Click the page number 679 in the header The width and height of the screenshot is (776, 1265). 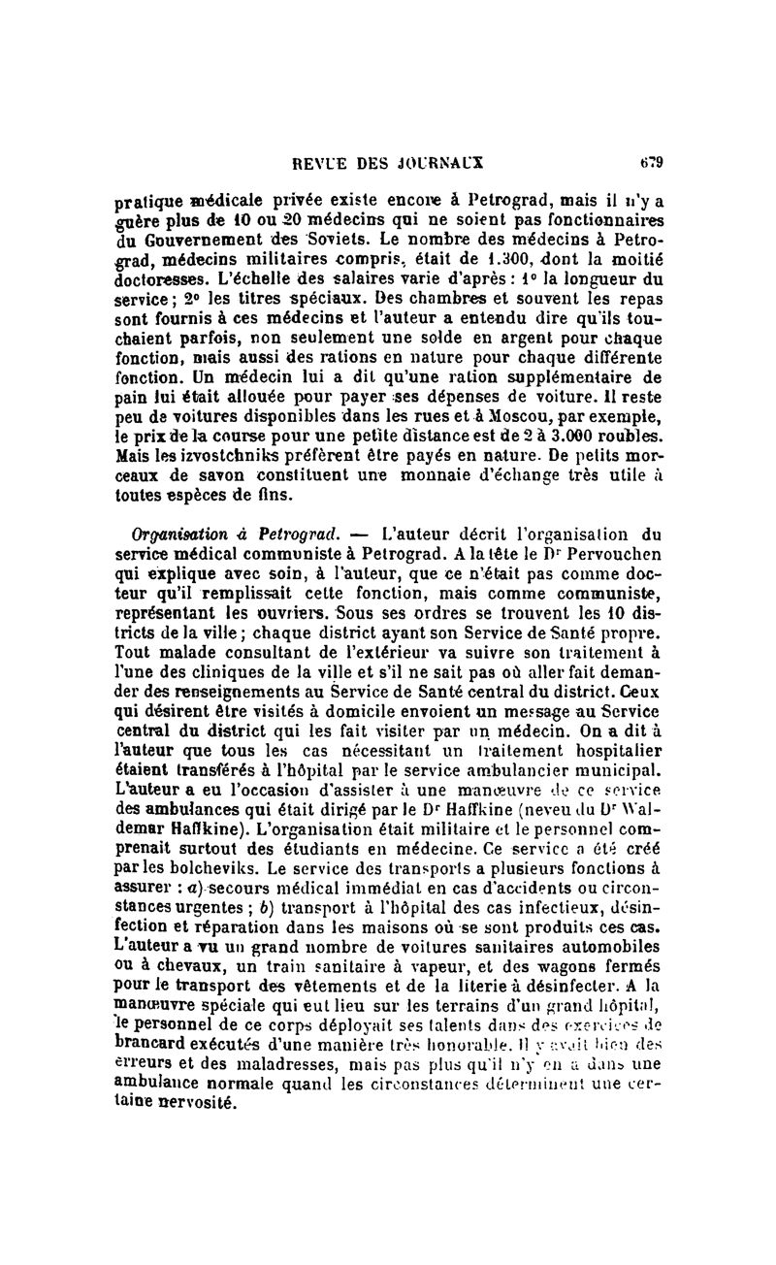point(650,162)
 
